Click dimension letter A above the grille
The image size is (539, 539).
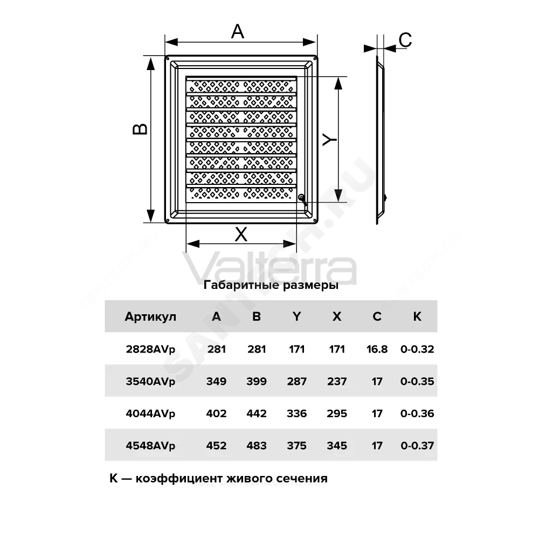click(x=238, y=32)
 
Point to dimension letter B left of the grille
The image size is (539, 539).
click(x=140, y=129)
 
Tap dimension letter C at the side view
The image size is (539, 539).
click(x=405, y=40)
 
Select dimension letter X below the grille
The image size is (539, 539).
click(x=241, y=235)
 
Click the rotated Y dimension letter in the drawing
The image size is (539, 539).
click(x=329, y=140)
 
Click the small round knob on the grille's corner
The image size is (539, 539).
click(x=301, y=197)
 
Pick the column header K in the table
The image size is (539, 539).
click(x=417, y=316)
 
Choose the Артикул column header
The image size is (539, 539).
click(x=150, y=316)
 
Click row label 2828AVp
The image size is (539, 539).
click(x=150, y=349)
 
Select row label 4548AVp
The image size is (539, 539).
click(x=150, y=446)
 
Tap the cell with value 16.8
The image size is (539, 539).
click(x=377, y=349)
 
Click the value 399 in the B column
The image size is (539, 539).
click(x=257, y=381)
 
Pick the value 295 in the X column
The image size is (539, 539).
click(x=337, y=413)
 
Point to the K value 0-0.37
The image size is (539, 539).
click(x=417, y=446)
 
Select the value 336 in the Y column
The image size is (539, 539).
click(x=296, y=413)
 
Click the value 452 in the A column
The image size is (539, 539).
click(x=216, y=446)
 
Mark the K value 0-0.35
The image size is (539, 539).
click(x=417, y=381)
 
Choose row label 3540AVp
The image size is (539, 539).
click(x=150, y=381)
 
